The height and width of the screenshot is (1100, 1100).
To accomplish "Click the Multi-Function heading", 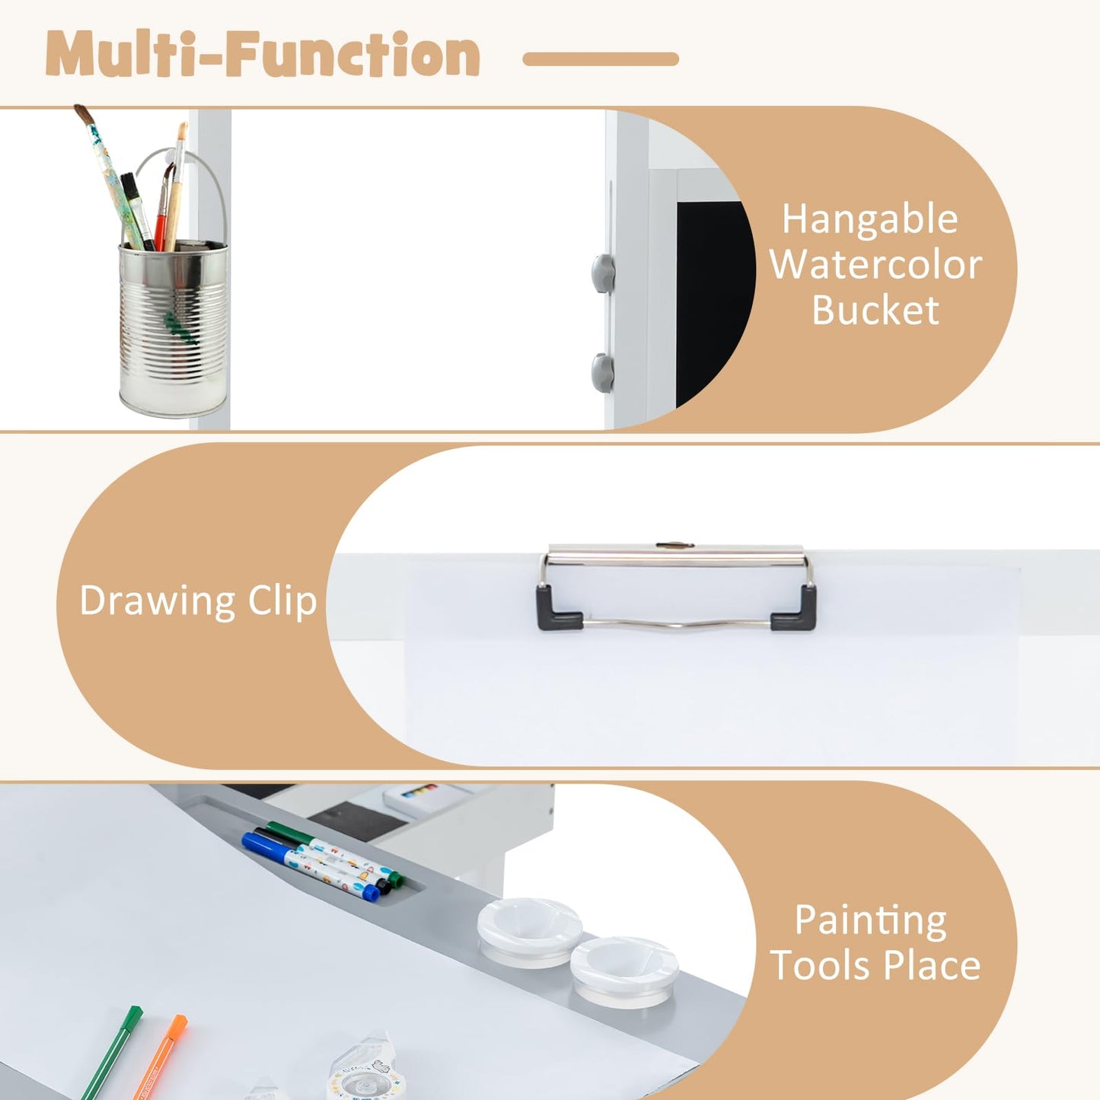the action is tap(263, 54).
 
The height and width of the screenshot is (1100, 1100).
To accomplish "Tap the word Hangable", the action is tap(869, 219).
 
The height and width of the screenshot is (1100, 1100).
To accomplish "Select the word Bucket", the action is tap(875, 311).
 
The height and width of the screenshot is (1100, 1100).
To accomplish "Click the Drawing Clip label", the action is tap(197, 601).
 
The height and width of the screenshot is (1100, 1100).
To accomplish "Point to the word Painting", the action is tap(871, 920).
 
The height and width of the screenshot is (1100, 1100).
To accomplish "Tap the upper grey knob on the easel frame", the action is tap(604, 273).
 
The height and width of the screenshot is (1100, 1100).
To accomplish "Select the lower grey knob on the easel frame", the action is tap(603, 372).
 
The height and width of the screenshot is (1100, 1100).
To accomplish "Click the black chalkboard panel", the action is tap(713, 302).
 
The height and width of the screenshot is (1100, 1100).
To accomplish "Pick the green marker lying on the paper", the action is tap(112, 1053).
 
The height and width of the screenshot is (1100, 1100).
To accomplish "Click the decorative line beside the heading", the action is tap(601, 59).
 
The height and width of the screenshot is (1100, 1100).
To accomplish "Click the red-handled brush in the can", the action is tap(164, 206).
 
